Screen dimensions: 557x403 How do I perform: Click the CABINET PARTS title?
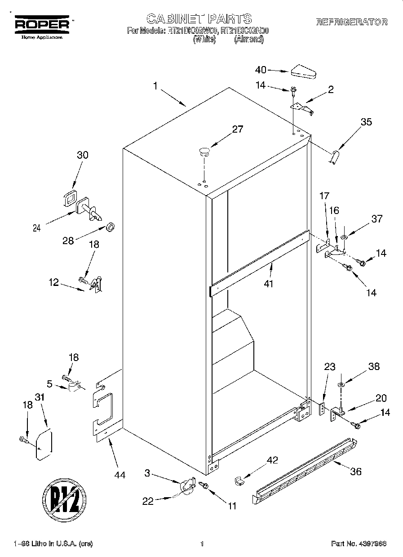coord(199,18)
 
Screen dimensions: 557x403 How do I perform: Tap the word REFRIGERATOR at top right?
coord(352,22)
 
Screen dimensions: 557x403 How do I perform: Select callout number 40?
coord(261,70)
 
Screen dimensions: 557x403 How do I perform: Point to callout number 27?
coord(237,129)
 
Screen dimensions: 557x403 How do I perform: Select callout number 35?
coord(366,121)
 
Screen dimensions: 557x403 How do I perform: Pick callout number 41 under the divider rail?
coord(269,284)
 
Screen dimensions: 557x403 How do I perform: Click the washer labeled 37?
coord(344,237)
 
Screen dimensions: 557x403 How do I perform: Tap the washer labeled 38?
coord(341,384)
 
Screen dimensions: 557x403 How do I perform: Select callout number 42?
coord(272,460)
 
